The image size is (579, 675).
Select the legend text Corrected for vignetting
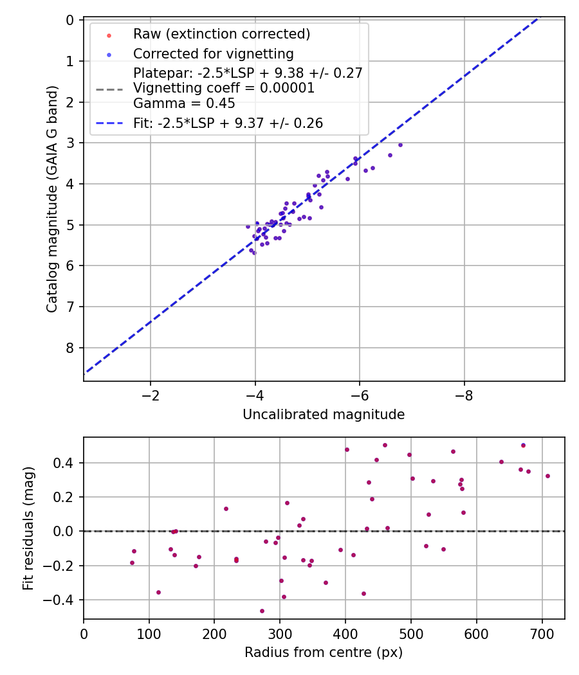click(x=213, y=54)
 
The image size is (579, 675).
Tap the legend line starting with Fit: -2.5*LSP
click(x=228, y=123)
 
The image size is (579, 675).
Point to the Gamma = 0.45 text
click(x=184, y=103)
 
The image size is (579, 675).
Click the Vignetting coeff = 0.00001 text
click(x=224, y=88)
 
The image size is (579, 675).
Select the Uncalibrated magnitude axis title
click(x=324, y=415)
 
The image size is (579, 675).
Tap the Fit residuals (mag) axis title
click(x=28, y=528)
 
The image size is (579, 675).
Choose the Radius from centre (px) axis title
click(x=324, y=652)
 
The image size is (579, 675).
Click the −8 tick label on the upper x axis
click(x=464, y=395)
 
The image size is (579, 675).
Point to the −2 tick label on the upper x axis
click(x=151, y=395)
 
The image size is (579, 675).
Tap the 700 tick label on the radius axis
click(x=542, y=633)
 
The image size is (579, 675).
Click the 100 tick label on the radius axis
click(x=149, y=633)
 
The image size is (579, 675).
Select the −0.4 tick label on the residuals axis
click(x=61, y=600)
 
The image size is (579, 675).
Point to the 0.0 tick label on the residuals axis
click(x=64, y=531)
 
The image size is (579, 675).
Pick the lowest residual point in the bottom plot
click(x=262, y=611)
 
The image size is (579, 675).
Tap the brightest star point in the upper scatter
click(x=400, y=145)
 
